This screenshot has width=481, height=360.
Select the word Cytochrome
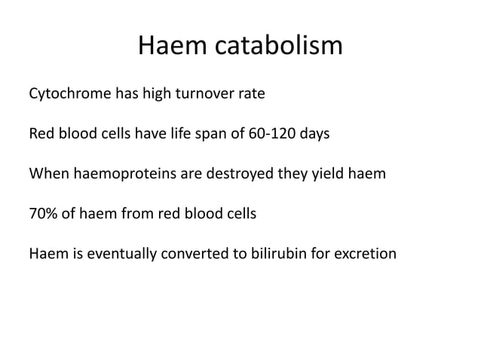68,96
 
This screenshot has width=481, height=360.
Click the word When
47,175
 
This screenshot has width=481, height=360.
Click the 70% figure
42,214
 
